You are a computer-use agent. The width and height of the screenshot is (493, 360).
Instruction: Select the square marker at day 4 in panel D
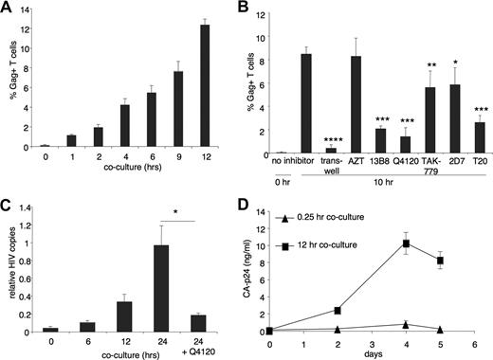click(405, 243)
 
